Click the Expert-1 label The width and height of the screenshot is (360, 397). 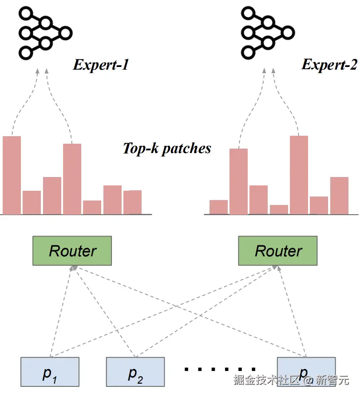(101, 65)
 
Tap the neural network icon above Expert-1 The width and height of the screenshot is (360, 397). (44, 33)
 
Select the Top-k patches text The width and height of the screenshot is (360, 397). (167, 148)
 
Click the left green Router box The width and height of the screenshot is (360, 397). (72, 251)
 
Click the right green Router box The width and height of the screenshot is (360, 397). (278, 251)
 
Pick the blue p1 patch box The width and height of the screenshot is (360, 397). (50, 372)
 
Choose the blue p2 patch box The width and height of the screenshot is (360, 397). (135, 372)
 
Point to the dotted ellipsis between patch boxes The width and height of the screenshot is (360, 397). (220, 369)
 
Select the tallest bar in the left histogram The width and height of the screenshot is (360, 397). (12, 175)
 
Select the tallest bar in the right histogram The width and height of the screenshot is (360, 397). (299, 175)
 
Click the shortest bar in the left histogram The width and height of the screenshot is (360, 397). (92, 207)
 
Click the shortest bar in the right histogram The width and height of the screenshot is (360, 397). (279, 209)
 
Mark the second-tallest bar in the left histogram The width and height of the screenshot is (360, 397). (72, 179)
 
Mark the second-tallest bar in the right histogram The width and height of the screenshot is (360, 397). (238, 181)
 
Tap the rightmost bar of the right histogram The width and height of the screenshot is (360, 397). (339, 196)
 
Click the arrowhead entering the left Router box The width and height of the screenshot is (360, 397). (74, 267)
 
